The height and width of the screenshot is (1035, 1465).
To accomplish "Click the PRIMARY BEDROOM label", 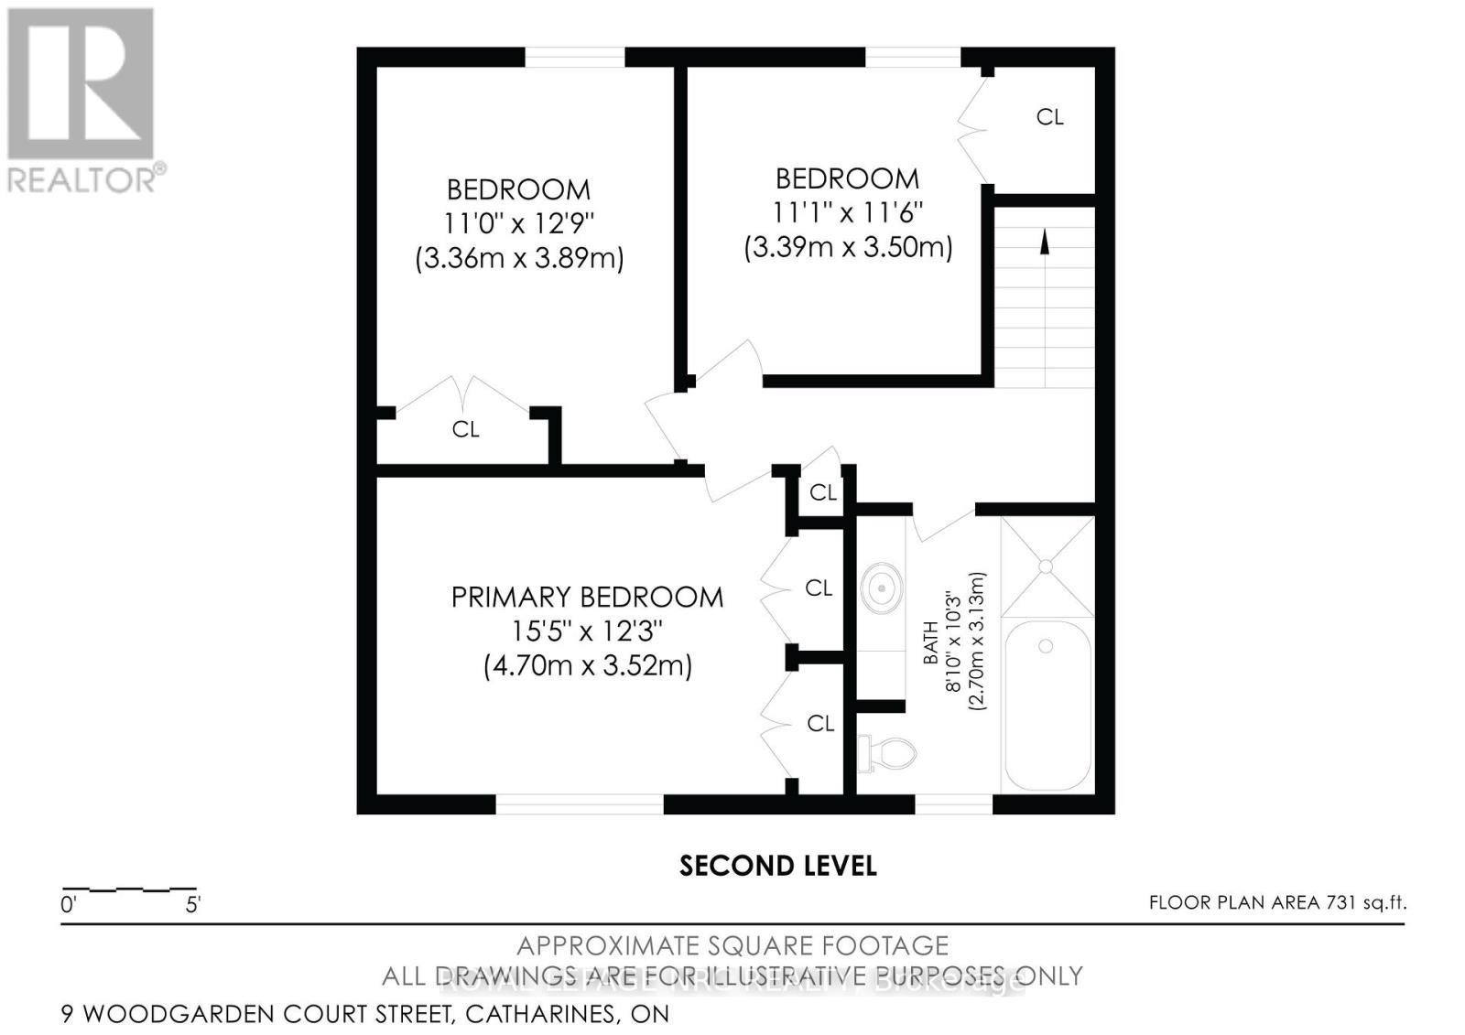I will [587, 598].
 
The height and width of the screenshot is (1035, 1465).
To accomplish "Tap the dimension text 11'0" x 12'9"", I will [519, 223].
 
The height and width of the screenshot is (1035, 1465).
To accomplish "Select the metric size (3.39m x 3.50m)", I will [848, 247].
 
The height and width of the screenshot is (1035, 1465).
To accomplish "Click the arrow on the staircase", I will [1044, 241].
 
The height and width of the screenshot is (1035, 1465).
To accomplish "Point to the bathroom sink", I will [882, 586].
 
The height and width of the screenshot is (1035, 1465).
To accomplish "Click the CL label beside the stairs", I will [1049, 117].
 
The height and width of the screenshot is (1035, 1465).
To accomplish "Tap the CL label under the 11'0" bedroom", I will [465, 429].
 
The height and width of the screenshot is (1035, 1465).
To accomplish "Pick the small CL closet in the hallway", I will [822, 492].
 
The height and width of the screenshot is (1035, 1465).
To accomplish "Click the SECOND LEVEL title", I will [777, 866].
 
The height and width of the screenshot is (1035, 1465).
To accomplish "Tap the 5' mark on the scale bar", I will [193, 906].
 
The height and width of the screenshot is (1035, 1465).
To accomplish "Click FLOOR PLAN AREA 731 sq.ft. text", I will [1277, 902].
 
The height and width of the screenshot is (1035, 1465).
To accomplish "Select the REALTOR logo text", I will [84, 178].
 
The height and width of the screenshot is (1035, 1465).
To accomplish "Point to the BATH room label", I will [930, 642].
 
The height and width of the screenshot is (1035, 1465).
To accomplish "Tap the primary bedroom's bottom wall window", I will [579, 804].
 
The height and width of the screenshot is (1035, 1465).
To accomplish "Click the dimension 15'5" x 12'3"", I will [587, 631].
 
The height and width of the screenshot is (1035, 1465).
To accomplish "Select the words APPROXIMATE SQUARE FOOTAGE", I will [732, 945].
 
